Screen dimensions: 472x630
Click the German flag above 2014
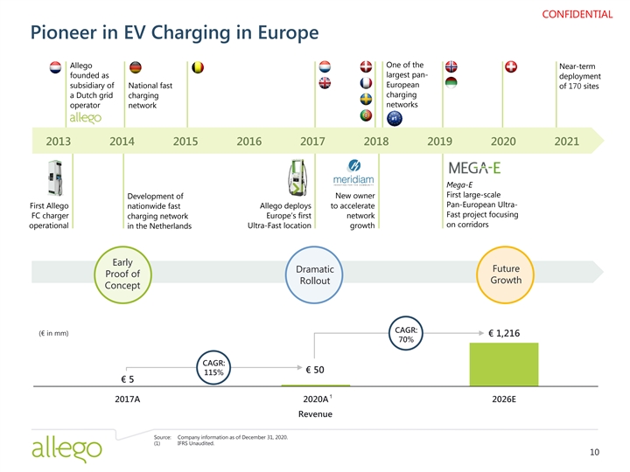tap(135, 69)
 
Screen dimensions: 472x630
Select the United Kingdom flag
tap(325, 83)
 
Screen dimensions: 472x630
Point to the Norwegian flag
tap(451, 68)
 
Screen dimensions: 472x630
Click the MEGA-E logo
tap(474, 168)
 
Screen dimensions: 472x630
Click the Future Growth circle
tap(507, 274)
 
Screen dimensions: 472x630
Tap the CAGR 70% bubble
tap(406, 334)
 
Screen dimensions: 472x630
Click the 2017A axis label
tap(128, 399)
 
